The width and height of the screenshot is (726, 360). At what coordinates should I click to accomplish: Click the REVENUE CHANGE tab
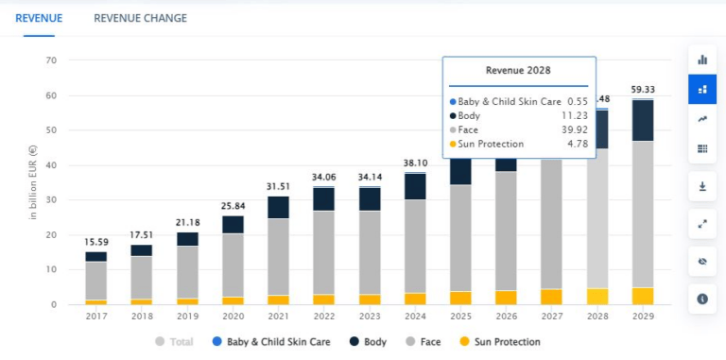click(x=140, y=18)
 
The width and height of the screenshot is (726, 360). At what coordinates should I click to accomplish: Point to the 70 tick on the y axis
click(x=52, y=60)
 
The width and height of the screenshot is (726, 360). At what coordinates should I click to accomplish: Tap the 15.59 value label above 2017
click(x=96, y=242)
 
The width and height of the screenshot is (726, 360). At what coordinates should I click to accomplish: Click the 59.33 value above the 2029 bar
click(x=642, y=90)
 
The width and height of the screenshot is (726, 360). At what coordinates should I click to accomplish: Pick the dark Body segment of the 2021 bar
click(x=279, y=207)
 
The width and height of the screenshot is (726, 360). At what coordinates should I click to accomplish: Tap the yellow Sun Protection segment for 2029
click(x=642, y=296)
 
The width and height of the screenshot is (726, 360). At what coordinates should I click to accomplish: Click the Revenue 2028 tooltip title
click(x=519, y=70)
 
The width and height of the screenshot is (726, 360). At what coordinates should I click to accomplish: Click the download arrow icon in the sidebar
click(x=702, y=186)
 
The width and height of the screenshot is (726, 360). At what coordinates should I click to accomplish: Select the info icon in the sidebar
click(x=702, y=299)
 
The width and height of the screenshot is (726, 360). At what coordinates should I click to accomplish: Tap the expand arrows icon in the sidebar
click(x=702, y=224)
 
